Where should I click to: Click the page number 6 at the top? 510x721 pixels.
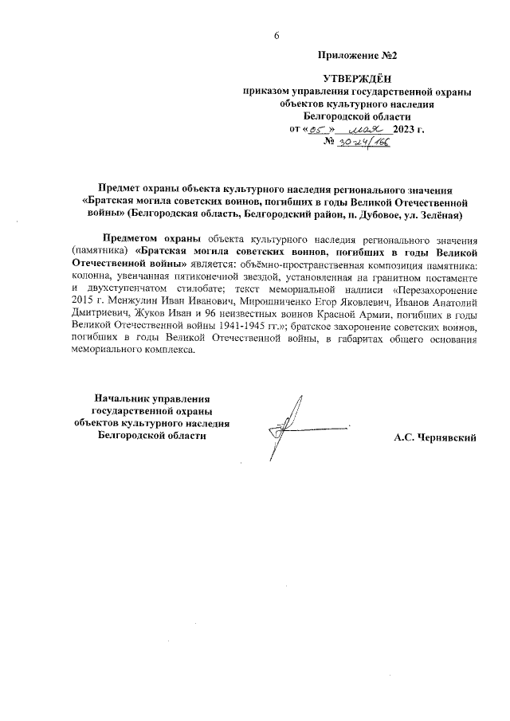pos(277,36)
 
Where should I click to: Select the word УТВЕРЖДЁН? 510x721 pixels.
pos(356,79)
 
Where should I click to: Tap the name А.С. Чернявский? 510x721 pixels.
pos(434,437)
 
